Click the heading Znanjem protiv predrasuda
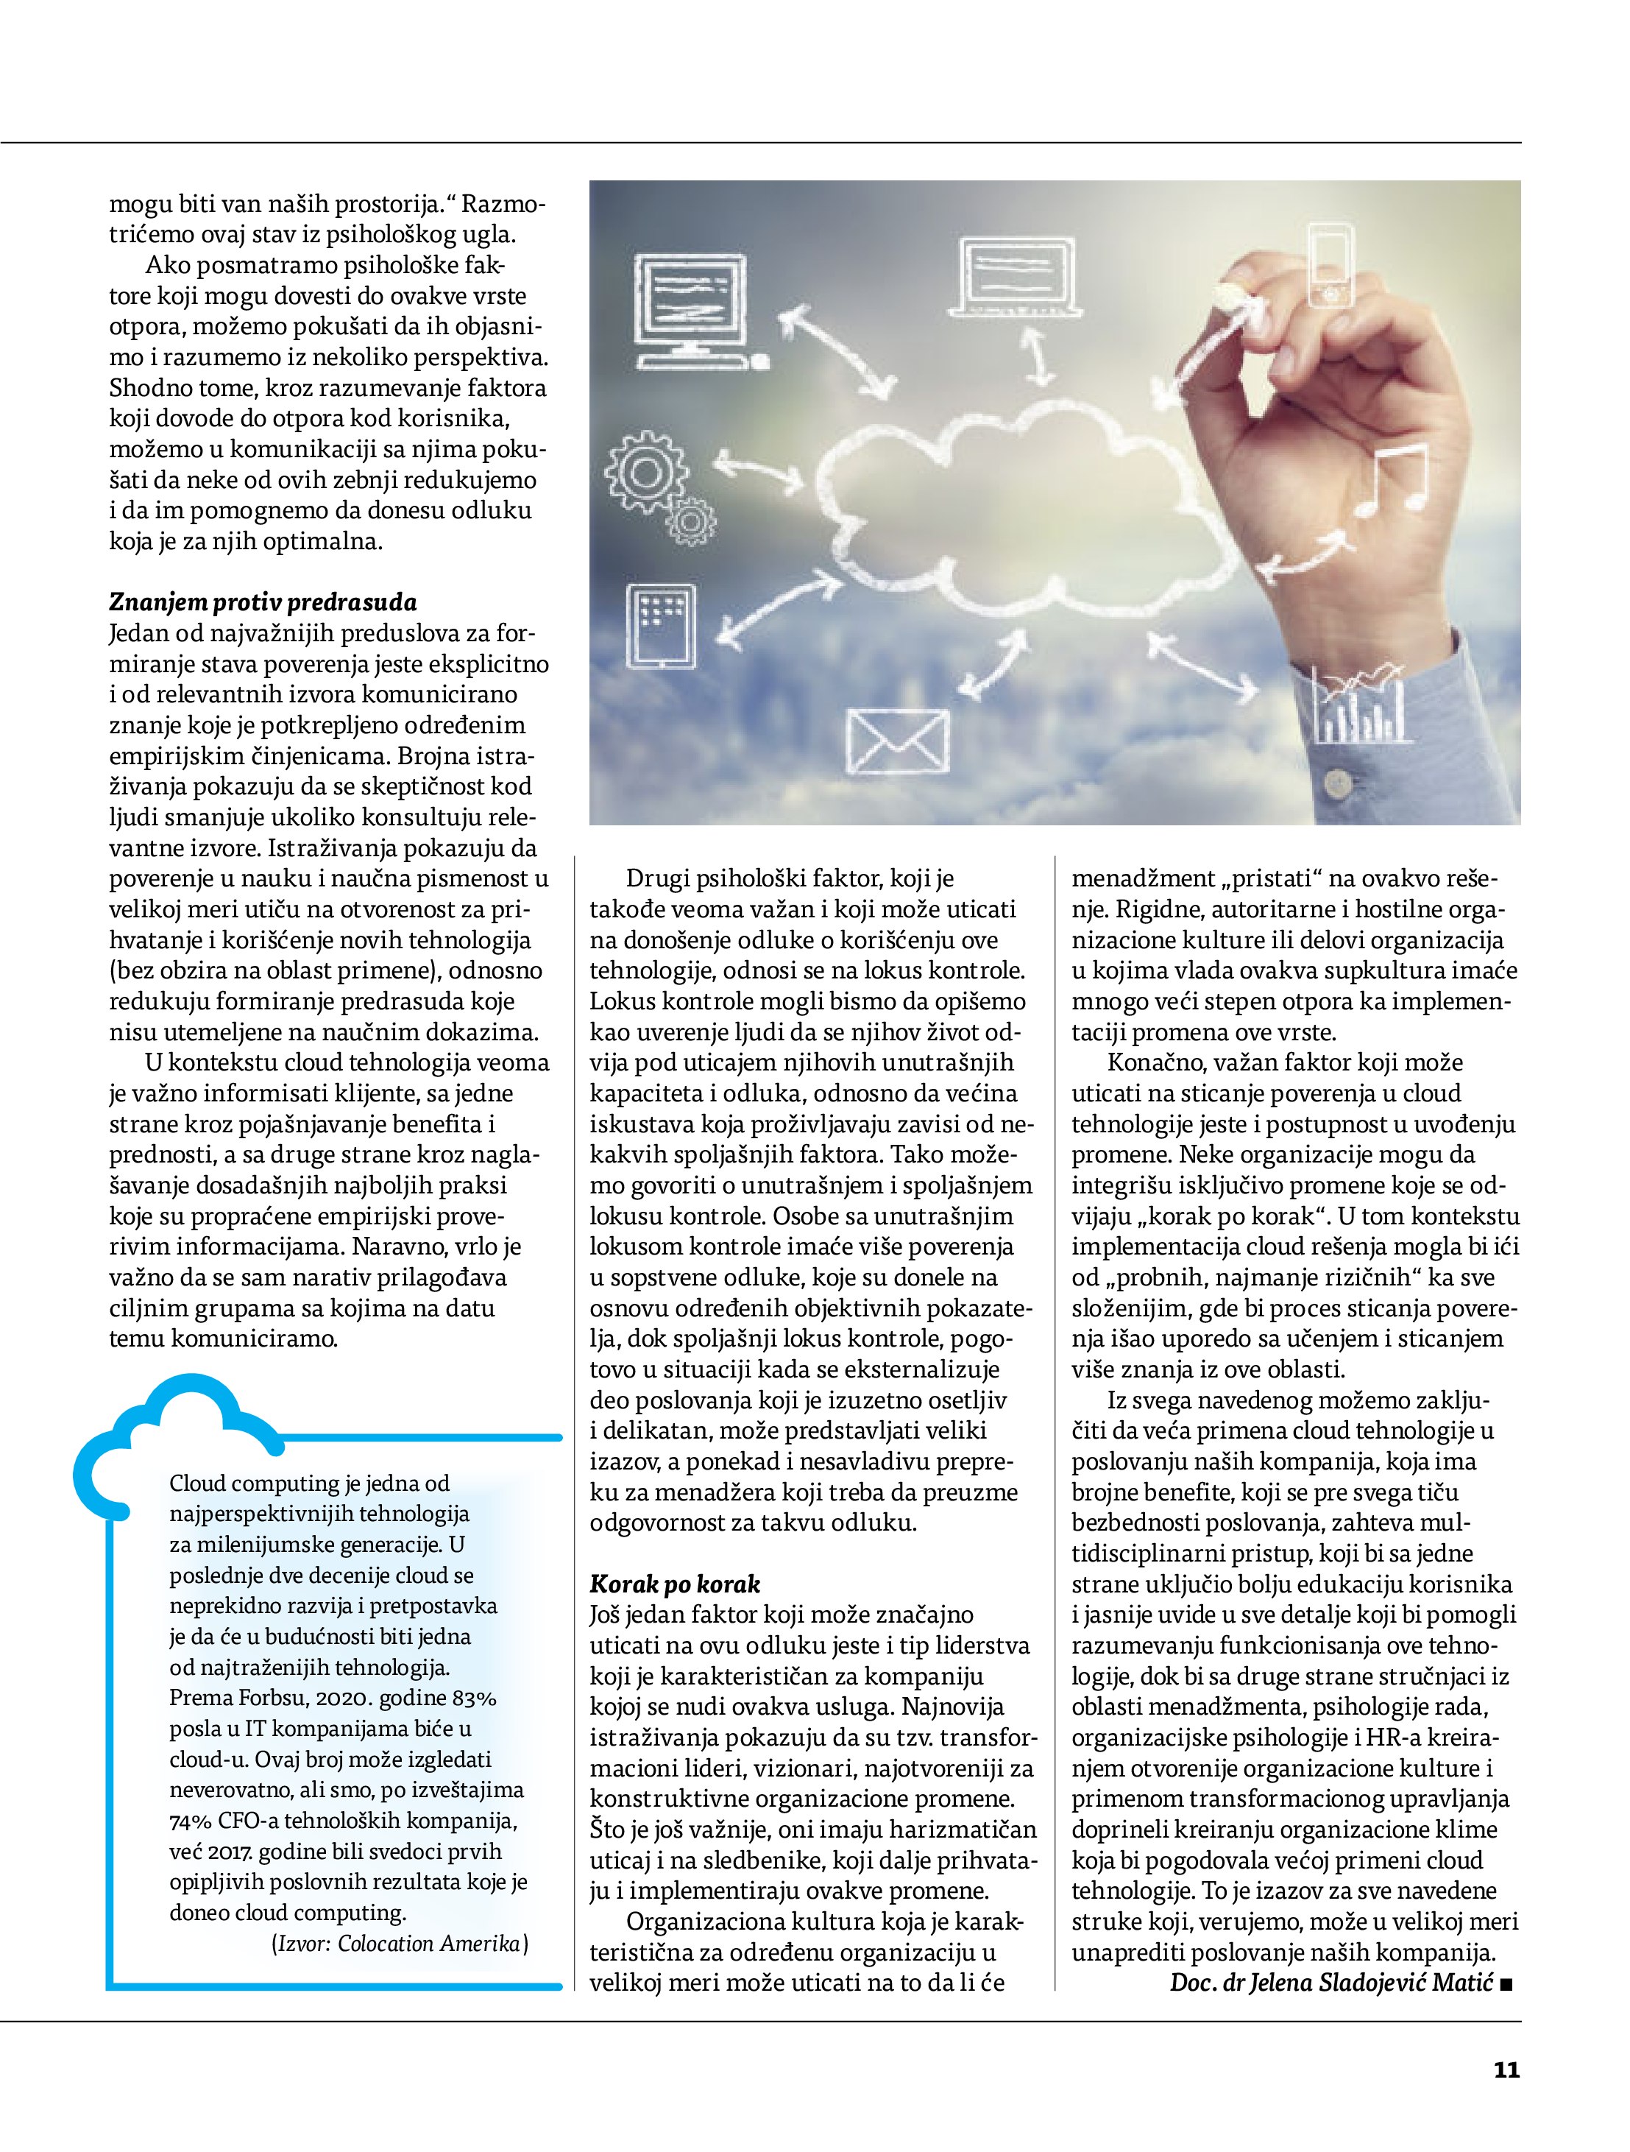click(263, 601)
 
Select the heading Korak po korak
click(675, 1584)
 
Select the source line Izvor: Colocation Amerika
click(400, 1944)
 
